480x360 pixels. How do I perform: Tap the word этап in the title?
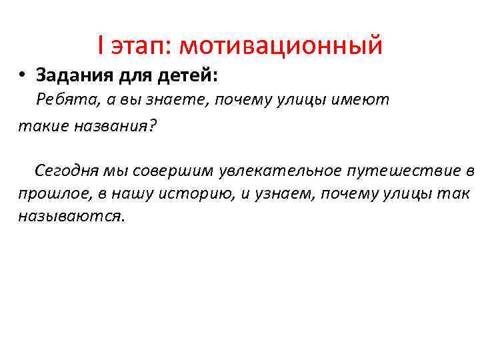tap(140, 46)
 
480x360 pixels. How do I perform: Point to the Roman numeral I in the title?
tap(100, 46)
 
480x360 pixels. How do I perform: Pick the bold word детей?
tap(187, 75)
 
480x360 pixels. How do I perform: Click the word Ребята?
tap(65, 101)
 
